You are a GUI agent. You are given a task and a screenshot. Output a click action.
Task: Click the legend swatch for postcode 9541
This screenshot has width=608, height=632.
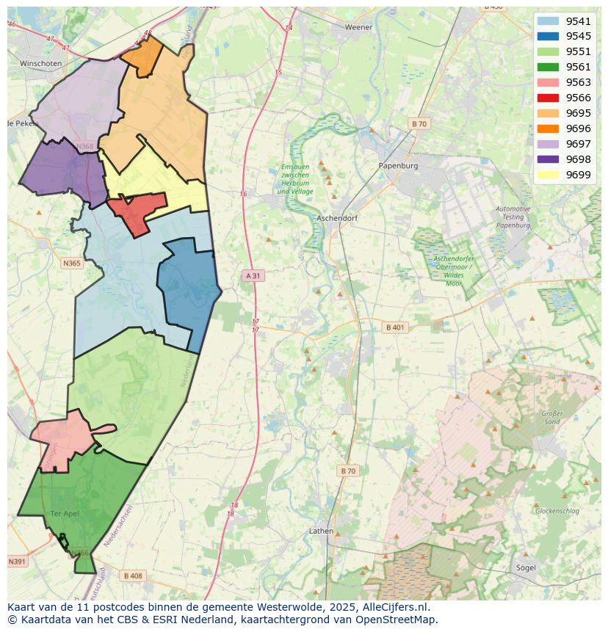[x=548, y=21]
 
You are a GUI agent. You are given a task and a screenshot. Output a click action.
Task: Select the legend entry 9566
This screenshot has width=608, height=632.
[x=578, y=98]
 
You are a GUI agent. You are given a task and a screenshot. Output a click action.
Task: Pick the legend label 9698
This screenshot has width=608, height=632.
[x=578, y=159]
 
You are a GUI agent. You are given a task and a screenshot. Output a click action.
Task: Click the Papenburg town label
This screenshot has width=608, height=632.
[x=398, y=166]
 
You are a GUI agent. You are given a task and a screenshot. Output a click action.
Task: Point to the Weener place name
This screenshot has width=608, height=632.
[x=359, y=27]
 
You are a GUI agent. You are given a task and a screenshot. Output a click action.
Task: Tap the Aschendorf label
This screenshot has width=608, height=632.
[x=337, y=218]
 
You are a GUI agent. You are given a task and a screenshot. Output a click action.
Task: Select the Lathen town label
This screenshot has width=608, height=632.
[x=321, y=531]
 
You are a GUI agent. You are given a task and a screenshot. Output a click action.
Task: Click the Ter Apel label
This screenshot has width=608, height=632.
[x=65, y=513]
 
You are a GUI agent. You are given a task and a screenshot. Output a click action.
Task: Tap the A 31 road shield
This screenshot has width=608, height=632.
[x=253, y=275]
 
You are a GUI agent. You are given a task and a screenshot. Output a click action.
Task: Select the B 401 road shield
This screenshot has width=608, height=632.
[x=396, y=327]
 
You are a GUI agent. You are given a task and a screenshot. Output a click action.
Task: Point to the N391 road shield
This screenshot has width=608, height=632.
[x=17, y=562]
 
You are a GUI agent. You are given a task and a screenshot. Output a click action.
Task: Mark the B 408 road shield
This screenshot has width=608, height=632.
[x=133, y=575]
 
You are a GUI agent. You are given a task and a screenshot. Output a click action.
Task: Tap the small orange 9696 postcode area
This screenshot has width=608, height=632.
[x=142, y=55]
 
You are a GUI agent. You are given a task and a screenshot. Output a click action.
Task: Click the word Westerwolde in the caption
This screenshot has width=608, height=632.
[x=291, y=607]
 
